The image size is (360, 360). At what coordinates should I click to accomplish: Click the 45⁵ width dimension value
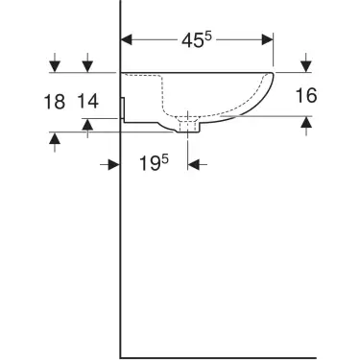pos(198,40)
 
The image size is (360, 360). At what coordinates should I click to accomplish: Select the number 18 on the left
pos(55,100)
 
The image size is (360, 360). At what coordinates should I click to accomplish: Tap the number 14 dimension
pos(88,100)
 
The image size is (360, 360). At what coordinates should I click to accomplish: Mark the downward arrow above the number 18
pos(56,65)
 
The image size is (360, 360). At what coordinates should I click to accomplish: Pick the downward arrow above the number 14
pos(87,65)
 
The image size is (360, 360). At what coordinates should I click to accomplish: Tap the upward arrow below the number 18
pos(56,139)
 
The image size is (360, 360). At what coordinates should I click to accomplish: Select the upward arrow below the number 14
pos(87,124)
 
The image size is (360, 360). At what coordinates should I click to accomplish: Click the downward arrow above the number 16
pos(306,65)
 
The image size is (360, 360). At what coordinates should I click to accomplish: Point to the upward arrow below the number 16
pos(306,122)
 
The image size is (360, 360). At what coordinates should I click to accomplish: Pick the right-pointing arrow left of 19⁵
pos(111,164)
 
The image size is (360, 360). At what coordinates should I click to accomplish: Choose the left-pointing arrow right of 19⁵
pos(194,164)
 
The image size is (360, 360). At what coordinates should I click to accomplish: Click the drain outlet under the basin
pos(188,126)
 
